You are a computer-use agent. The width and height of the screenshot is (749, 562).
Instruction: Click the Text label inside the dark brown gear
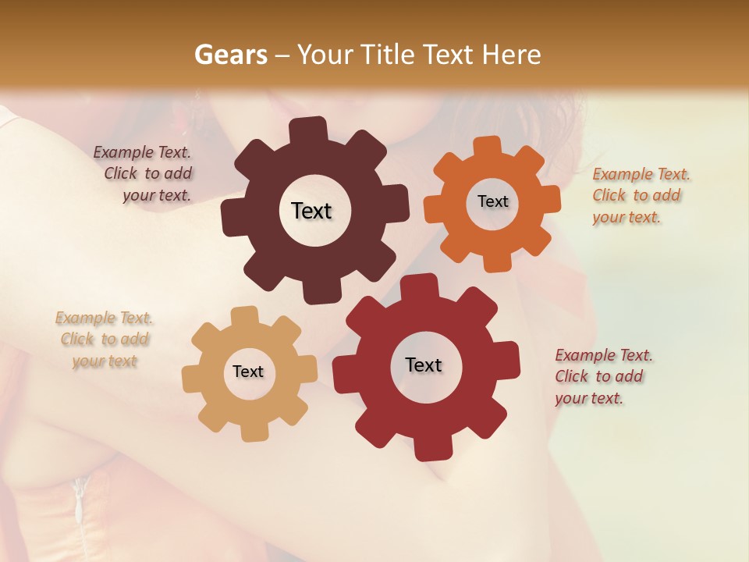click(311, 211)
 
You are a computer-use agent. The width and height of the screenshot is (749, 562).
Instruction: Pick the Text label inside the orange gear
click(492, 201)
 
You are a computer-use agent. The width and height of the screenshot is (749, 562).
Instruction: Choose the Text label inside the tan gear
click(248, 372)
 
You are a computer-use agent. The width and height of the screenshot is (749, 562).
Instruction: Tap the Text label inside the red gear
click(424, 365)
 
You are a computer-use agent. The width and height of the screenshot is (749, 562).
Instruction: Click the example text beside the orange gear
click(640, 195)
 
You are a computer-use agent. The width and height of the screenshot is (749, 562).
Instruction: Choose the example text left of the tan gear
click(105, 340)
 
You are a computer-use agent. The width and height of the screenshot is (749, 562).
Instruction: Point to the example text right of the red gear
click(602, 376)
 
